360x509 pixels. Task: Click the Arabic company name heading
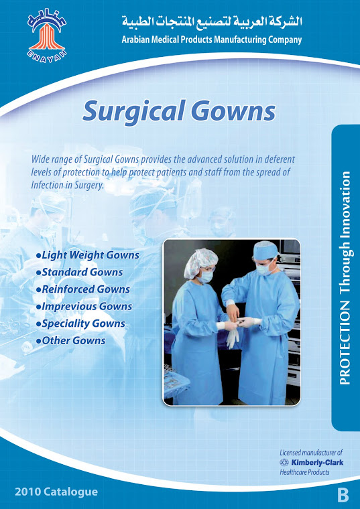tap(212, 22)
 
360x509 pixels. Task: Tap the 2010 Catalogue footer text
tap(56, 492)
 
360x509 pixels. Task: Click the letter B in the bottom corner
tap(343, 496)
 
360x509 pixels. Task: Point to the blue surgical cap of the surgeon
tap(265, 249)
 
